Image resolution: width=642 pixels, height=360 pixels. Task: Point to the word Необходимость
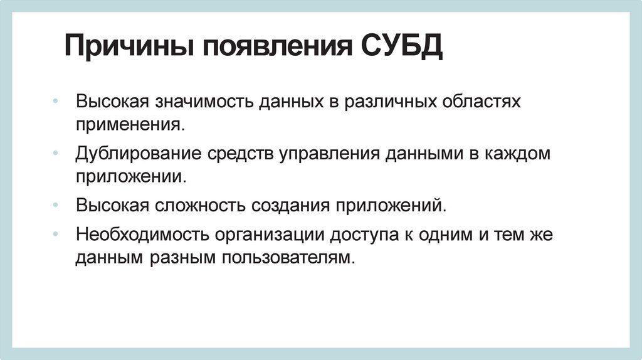[x=143, y=235]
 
